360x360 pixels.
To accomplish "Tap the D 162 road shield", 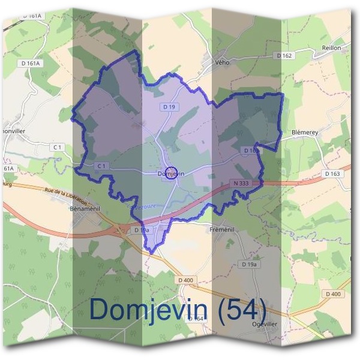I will tap(285, 55).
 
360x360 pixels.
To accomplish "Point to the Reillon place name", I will tap(331, 47).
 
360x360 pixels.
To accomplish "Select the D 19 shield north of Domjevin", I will tap(169, 106).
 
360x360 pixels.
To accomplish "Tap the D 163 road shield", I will tap(332, 173).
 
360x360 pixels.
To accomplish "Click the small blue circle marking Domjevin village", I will tap(171, 173).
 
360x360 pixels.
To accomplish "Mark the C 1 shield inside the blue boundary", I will tap(101, 166).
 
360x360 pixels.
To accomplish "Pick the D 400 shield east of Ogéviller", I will tap(332, 293).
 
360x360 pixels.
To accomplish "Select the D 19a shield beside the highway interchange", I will tap(142, 230).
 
